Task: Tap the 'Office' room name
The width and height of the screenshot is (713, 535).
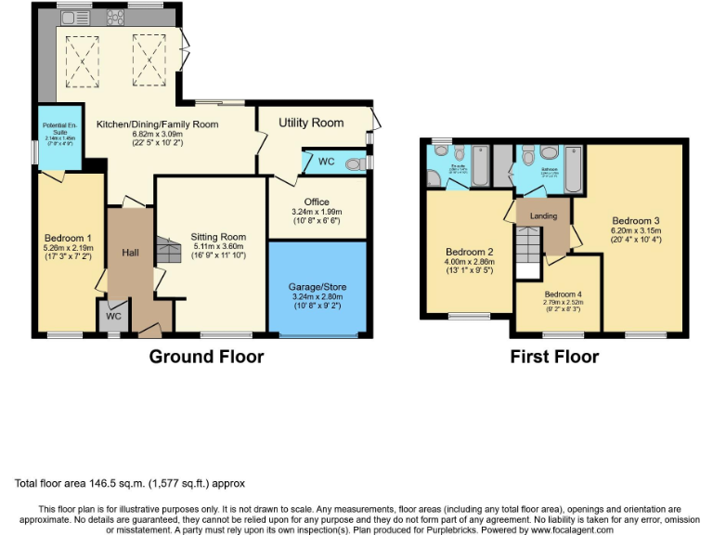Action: click(x=317, y=202)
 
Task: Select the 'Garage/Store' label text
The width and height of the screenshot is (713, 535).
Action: click(x=317, y=287)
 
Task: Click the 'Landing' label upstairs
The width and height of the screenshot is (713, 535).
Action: click(x=543, y=216)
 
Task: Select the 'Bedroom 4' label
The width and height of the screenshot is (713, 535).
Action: click(x=557, y=294)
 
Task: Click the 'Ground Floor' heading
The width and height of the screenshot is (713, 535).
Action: click(x=206, y=357)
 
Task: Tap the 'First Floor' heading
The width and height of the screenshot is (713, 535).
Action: click(x=553, y=357)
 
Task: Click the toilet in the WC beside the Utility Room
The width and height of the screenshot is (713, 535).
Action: click(x=354, y=164)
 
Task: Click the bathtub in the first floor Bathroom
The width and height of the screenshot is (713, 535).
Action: click(x=573, y=167)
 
